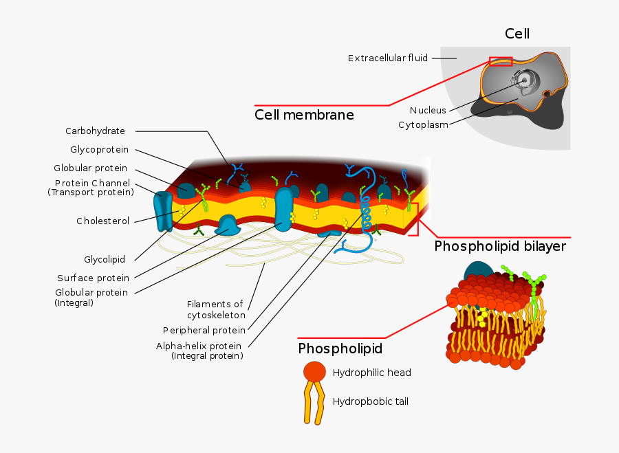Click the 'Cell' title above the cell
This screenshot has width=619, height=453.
pyautogui.click(x=517, y=34)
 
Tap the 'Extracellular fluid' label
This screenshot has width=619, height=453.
pyautogui.click(x=388, y=58)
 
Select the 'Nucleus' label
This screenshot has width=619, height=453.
pyautogui.click(x=428, y=111)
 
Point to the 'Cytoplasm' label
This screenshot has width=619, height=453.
pyautogui.click(x=423, y=125)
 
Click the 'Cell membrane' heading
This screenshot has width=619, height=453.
pyautogui.click(x=304, y=115)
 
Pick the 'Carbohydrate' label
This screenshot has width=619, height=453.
pyautogui.click(x=95, y=131)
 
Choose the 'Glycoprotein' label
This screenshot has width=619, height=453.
pyautogui.click(x=99, y=150)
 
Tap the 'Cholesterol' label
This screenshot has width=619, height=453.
pyautogui.click(x=102, y=221)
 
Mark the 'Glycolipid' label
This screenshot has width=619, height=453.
pyautogui.click(x=105, y=260)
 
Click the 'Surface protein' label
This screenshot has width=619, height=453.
pyautogui.click(x=93, y=278)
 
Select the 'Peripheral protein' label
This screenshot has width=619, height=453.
pyautogui.click(x=204, y=331)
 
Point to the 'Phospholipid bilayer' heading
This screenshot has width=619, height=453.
pyautogui.click(x=500, y=246)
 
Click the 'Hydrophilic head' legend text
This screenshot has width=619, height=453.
pyautogui.click(x=371, y=373)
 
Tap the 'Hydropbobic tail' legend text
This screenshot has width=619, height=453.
pyautogui.click(x=370, y=401)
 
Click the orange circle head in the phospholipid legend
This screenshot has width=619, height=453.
pyautogui.click(x=314, y=372)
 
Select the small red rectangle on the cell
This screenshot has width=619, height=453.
pyautogui.click(x=501, y=61)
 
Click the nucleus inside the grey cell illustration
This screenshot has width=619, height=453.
pyautogui.click(x=524, y=80)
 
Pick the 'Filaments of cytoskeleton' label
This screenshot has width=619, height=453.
pyautogui.click(x=216, y=309)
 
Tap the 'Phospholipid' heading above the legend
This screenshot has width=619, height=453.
pyautogui.click(x=340, y=349)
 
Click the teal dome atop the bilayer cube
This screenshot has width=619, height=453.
pyautogui.click(x=479, y=272)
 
